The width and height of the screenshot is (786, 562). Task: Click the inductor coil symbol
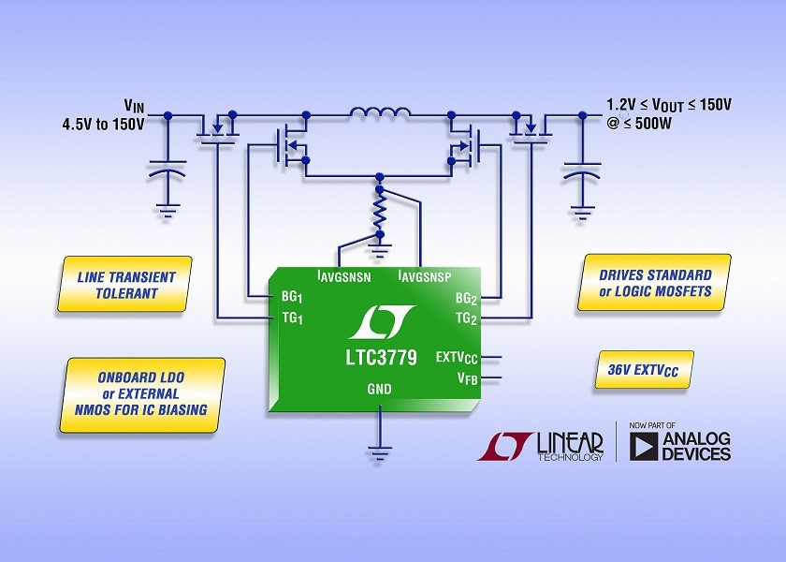(x=380, y=112)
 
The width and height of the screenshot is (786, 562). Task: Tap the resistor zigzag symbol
(x=380, y=213)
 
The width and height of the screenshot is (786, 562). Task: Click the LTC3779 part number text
(x=382, y=358)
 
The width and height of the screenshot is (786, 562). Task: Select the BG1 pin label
(x=292, y=297)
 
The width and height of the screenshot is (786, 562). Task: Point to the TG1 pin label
(x=292, y=318)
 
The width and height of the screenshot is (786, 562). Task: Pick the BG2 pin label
(x=466, y=299)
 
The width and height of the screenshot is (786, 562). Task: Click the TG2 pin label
(x=466, y=318)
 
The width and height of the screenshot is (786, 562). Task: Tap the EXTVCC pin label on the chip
(x=457, y=358)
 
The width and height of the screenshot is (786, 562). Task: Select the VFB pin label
(x=467, y=378)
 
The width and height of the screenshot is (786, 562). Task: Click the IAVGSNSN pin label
(x=344, y=276)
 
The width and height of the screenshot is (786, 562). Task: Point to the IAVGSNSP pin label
(x=425, y=276)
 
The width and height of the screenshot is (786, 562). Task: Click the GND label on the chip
(x=380, y=389)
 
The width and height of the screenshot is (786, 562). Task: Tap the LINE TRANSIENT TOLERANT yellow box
(x=124, y=284)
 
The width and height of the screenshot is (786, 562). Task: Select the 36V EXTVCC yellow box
(x=644, y=370)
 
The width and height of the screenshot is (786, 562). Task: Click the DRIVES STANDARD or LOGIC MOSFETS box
(x=654, y=283)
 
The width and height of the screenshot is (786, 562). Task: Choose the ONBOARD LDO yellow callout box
(x=142, y=395)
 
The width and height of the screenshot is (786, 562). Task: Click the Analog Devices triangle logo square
(x=644, y=446)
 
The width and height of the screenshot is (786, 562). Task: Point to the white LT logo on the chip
(x=381, y=321)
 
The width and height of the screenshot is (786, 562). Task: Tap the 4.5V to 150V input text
(x=103, y=124)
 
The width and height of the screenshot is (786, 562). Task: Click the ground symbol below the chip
(x=380, y=453)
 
